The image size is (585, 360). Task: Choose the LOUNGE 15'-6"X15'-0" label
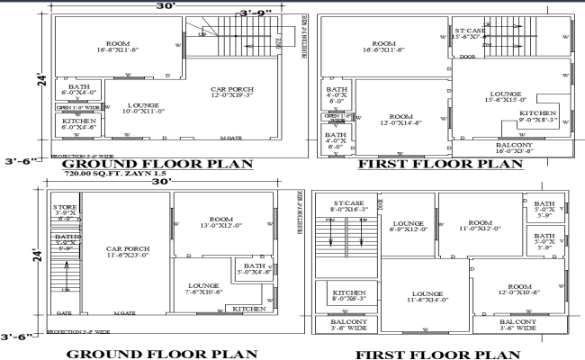pos(508,96)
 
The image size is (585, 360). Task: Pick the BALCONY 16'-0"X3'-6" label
pos(514,148)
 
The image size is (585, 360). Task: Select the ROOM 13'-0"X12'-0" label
pos(223,223)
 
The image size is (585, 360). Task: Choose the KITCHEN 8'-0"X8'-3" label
pos(348,297)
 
